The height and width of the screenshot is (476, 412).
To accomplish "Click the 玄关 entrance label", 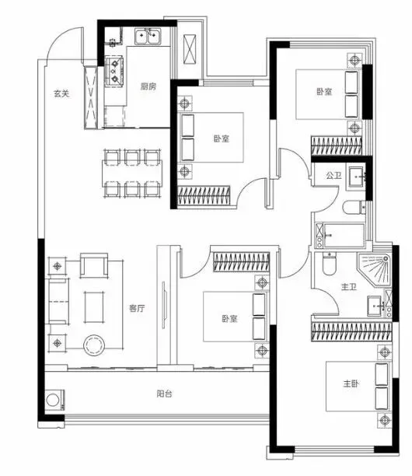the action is coord(61,93).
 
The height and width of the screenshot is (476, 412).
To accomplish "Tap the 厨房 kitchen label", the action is coord(148,86).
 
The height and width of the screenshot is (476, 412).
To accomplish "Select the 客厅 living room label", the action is coord(137,309).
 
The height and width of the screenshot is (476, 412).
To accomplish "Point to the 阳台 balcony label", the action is coord(165,394).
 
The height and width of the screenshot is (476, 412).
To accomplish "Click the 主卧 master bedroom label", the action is coord(351,383).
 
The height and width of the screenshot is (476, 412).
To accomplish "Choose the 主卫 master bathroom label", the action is coord(349,287).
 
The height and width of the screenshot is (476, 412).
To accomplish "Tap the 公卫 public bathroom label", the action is coord(333,176).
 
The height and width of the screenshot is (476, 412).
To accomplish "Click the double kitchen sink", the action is coord(148,37).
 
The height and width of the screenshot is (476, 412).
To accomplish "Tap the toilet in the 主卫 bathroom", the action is coord(329,263).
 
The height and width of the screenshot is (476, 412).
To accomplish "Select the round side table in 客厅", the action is coord(94,345).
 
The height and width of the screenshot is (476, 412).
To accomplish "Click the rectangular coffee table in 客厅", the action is coord(94,307).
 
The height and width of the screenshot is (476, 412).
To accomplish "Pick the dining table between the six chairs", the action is coord(132,173).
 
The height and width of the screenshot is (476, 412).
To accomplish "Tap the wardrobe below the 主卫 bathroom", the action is coord(351,331).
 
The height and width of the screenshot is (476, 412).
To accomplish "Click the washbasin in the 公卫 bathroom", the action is coord(356,177).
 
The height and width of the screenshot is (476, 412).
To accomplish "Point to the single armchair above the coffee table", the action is coord(94,266).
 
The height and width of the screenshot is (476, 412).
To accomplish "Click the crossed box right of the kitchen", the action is coord(190,49).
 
